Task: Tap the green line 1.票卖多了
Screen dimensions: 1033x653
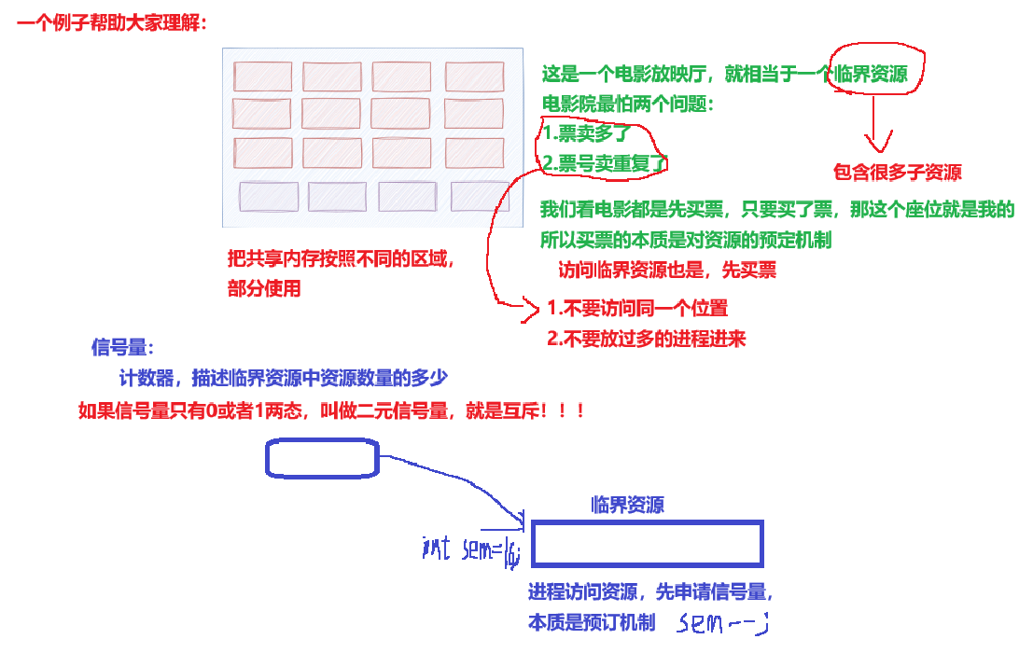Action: click(587, 133)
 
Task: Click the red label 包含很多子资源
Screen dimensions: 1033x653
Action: click(897, 173)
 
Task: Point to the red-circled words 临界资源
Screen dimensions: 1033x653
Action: click(872, 75)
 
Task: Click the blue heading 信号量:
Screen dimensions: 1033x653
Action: click(122, 348)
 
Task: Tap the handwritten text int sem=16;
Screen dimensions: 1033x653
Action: click(470, 549)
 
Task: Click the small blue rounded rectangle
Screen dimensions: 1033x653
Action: click(322, 458)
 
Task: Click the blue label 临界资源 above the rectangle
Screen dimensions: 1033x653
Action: click(628, 506)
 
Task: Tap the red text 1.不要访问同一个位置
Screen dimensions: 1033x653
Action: click(637, 308)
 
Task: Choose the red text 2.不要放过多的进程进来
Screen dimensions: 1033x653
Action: click(647, 339)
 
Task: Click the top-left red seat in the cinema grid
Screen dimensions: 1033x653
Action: click(262, 76)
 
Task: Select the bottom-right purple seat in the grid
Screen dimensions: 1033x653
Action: click(480, 196)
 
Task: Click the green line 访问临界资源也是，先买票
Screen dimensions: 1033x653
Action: click(667, 271)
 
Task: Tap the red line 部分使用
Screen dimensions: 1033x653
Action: click(264, 289)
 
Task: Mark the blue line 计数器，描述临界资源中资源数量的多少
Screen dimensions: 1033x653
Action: click(284, 379)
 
